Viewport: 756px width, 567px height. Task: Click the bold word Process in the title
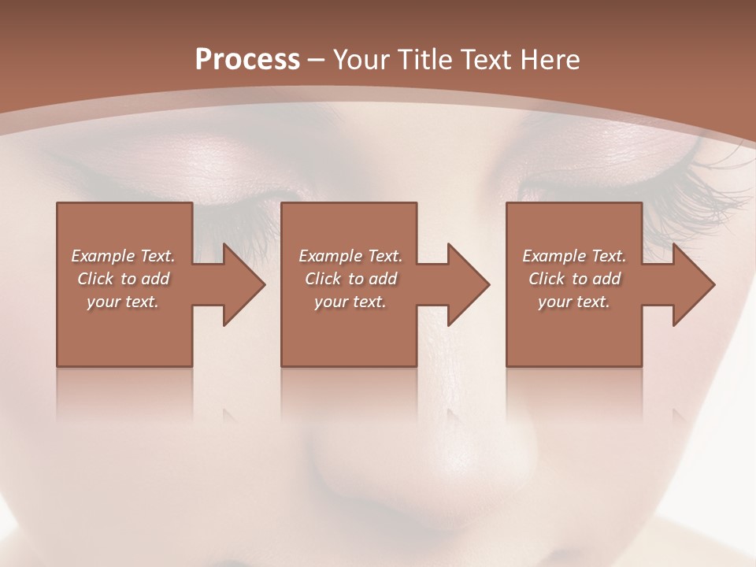pos(247,60)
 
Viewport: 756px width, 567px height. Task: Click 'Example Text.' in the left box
pos(123,256)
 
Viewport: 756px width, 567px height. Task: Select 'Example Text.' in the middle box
pos(350,256)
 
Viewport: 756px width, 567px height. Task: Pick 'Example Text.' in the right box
pos(574,256)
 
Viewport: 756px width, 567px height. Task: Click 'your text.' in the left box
pos(123,302)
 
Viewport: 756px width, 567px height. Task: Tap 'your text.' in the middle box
pos(350,302)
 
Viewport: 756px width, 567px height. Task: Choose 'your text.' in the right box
pos(574,302)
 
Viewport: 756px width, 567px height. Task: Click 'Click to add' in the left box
pos(123,279)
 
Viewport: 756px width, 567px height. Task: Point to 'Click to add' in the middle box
pos(350,279)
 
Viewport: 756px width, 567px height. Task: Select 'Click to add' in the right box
pos(574,279)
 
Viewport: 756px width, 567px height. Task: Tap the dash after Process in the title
pos(317,61)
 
